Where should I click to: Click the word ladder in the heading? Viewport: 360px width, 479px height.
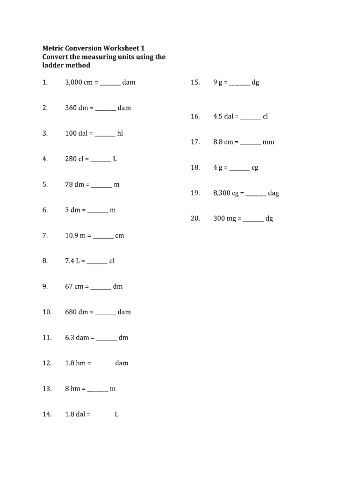(53, 65)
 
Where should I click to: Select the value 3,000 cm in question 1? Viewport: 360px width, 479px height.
(79, 82)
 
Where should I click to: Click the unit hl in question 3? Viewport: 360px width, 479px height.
(120, 133)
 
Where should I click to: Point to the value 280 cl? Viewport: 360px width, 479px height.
(74, 159)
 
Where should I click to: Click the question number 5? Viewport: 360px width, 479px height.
(45, 184)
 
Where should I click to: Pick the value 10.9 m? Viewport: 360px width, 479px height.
(75, 236)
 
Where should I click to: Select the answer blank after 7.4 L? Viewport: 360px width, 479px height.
(97, 262)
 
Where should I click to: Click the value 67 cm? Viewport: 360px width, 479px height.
(74, 286)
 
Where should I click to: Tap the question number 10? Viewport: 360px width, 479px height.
(47, 312)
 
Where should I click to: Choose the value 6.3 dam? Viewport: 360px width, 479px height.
(77, 337)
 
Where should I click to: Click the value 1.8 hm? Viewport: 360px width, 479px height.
(75, 363)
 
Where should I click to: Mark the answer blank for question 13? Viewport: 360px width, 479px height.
(97, 390)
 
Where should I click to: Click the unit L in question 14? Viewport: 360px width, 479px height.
(116, 414)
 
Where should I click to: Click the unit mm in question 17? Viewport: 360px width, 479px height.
(268, 142)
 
